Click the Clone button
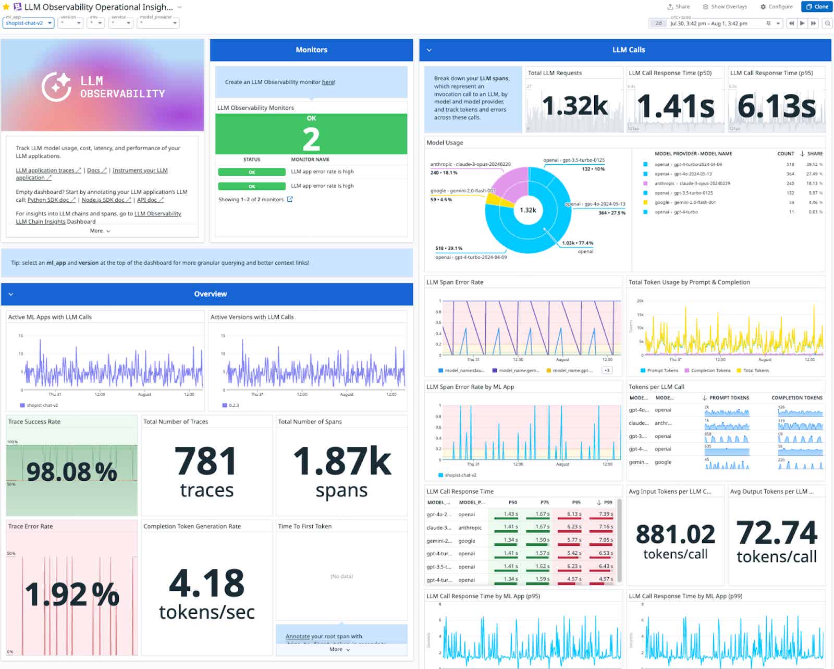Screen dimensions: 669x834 (x=817, y=7)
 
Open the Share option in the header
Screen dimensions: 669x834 (x=678, y=7)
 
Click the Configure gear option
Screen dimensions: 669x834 (x=776, y=7)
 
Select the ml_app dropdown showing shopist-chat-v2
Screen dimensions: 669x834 (x=29, y=23)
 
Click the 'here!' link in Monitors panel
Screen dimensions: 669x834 (x=328, y=82)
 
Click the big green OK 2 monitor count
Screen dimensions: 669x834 (x=311, y=139)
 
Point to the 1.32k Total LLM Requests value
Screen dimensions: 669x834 (x=574, y=106)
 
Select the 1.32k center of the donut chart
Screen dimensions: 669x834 (x=528, y=210)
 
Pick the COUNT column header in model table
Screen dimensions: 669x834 (x=786, y=154)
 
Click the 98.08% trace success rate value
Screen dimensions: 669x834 (x=71, y=472)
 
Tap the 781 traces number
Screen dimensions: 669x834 (x=206, y=462)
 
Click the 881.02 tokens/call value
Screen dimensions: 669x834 (x=675, y=534)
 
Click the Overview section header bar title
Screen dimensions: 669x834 (x=210, y=294)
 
